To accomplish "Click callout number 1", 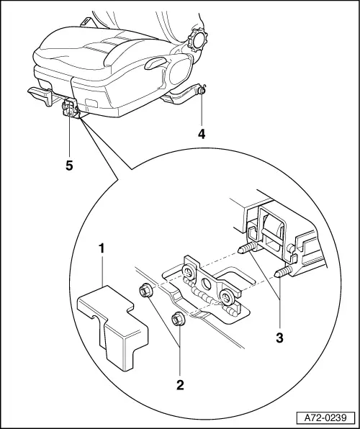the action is click(x=102, y=248).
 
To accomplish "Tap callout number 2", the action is click(x=180, y=385).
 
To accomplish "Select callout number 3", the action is click(x=279, y=338).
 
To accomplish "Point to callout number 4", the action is click(x=202, y=134).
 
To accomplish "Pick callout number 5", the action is click(x=69, y=166).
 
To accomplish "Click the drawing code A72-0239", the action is click(x=325, y=417).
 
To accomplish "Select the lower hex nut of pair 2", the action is click(x=177, y=320).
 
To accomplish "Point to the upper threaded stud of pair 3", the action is click(x=247, y=248).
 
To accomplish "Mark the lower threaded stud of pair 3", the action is click(x=283, y=273).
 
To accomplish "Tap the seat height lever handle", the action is click(x=155, y=63).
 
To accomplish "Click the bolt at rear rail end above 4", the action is click(x=202, y=89).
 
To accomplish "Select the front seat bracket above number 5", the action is click(x=70, y=108).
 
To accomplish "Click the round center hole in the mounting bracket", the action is click(x=207, y=284).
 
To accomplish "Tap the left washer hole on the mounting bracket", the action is click(x=189, y=273).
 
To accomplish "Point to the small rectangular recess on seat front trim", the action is click(x=91, y=103).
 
